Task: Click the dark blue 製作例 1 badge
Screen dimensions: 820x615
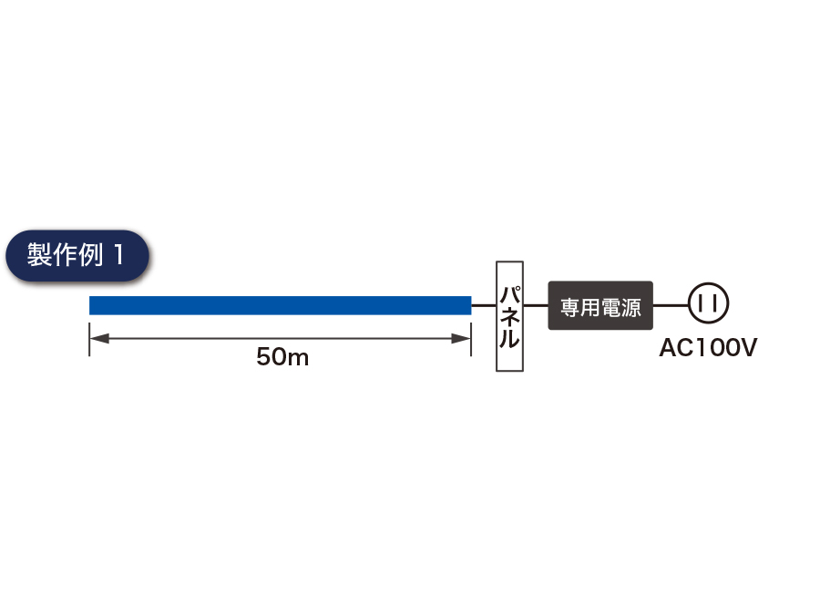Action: click(x=77, y=256)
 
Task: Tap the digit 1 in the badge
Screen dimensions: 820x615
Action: click(x=118, y=255)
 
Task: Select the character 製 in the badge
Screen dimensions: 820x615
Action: click(x=39, y=255)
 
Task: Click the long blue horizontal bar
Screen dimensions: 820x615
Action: click(x=281, y=305)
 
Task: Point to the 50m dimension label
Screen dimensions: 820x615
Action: click(x=282, y=356)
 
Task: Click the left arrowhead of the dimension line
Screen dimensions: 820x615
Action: click(x=99, y=338)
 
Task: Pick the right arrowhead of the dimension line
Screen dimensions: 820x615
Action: click(x=461, y=338)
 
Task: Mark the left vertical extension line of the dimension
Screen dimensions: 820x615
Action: click(x=89, y=340)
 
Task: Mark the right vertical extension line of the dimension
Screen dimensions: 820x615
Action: click(x=471, y=340)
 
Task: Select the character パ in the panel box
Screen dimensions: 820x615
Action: click(x=510, y=294)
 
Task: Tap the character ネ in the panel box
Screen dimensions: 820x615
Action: click(x=510, y=316)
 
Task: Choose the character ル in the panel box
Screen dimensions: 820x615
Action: click(x=509, y=338)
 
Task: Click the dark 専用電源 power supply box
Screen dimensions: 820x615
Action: click(x=600, y=305)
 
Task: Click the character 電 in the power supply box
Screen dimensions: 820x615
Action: click(x=610, y=308)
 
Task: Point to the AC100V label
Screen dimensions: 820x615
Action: click(x=708, y=347)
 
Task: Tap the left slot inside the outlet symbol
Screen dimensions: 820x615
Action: click(x=702, y=303)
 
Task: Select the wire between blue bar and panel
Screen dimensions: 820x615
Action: click(x=484, y=305)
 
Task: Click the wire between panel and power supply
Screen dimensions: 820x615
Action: click(x=536, y=305)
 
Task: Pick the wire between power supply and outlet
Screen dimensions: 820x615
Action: click(x=671, y=305)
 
